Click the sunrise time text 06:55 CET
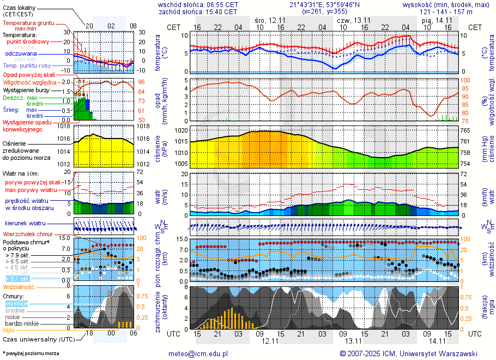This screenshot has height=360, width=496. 220,4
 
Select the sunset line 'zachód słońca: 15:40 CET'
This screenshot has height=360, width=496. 197,11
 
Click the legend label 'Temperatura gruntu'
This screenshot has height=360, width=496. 28,23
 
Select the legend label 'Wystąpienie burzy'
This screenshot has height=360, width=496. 25,89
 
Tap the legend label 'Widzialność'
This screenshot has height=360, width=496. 19,286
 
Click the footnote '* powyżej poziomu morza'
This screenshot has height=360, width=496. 31,353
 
